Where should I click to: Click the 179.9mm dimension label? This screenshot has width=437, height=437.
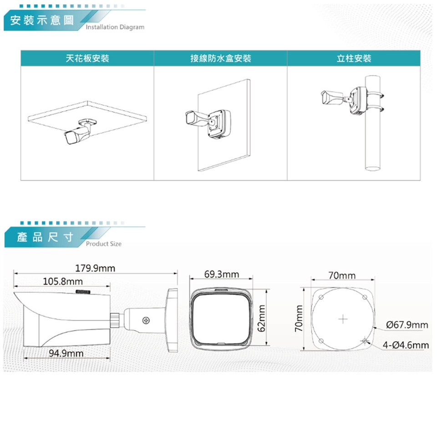point(95,269)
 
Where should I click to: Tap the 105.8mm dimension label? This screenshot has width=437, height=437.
point(63,281)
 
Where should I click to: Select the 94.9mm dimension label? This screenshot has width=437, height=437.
point(66,353)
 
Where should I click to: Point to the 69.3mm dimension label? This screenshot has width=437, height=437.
point(222,274)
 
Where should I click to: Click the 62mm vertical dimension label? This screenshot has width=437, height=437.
point(261,318)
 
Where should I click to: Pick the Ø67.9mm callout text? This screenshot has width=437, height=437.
point(407,325)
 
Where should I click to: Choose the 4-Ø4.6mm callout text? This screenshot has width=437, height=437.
point(406,345)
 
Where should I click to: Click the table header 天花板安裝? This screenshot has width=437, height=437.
point(87,58)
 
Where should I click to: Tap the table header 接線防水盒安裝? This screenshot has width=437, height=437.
point(221,58)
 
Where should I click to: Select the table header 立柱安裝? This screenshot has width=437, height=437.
point(354,58)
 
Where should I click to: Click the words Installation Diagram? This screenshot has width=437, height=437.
point(115,27)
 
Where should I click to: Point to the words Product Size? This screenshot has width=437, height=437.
point(104,244)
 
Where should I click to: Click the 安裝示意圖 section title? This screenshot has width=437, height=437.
point(42,20)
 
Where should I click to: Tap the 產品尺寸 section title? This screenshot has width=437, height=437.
point(45,237)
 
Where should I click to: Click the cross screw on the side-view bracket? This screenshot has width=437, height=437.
point(146,320)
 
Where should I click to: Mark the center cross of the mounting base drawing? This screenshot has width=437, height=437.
point(343,319)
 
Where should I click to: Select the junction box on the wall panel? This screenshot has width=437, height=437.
point(219,124)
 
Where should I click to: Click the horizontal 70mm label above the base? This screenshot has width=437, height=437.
point(342,275)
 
